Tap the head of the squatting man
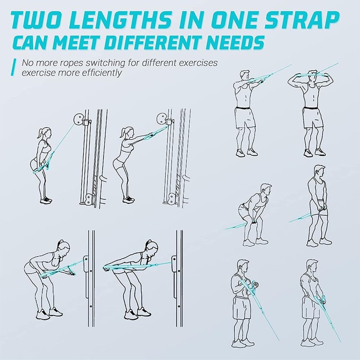point(266,188)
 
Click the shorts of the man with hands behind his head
point(311,118)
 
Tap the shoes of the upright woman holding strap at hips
point(46,199)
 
